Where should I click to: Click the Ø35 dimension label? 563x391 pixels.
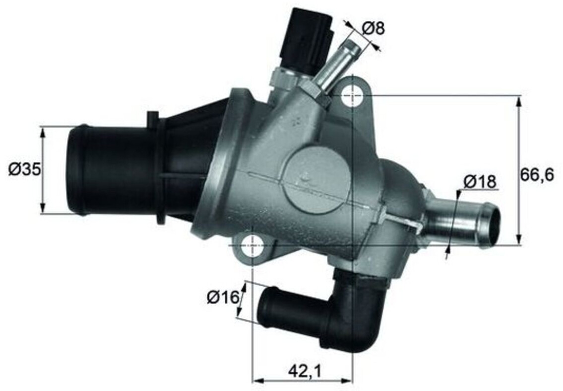[x=24, y=169]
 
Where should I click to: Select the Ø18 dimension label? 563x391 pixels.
[x=479, y=182]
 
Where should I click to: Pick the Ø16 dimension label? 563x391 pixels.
[x=223, y=297]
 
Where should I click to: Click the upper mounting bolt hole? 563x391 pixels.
[x=354, y=96]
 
